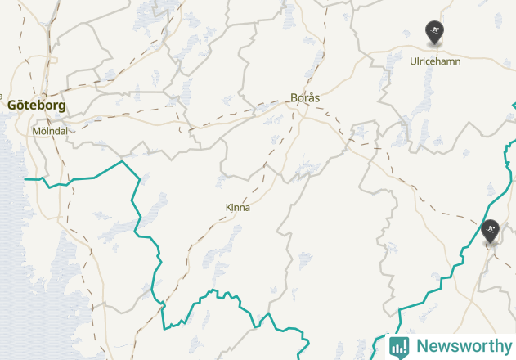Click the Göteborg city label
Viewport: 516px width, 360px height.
[37, 105]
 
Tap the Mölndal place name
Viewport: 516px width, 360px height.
[50, 130]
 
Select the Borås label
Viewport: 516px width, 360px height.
[305, 98]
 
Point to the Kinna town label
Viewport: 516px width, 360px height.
[238, 208]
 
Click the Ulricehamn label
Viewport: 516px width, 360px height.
[435, 61]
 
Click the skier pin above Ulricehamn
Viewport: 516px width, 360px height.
[434, 33]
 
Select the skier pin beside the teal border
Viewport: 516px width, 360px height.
[491, 231]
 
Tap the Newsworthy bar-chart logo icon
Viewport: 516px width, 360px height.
[399, 346]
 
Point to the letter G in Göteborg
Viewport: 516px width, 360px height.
[12, 105]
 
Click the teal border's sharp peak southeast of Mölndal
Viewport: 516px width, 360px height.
[122, 161]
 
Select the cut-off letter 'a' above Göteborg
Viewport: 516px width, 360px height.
[2, 96]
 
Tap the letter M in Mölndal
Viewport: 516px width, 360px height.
[36, 130]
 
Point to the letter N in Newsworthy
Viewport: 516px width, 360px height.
[422, 346]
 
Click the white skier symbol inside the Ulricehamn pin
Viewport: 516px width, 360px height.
[434, 32]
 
